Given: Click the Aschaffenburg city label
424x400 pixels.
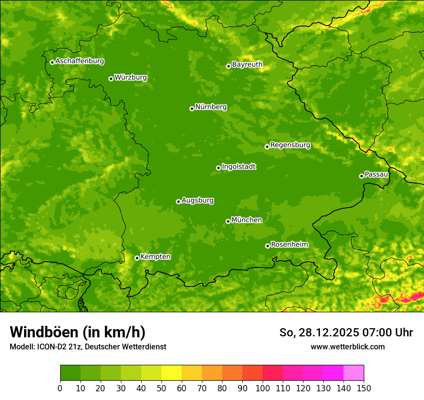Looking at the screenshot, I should click(79, 61).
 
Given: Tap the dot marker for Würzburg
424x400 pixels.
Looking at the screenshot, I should click(111, 79).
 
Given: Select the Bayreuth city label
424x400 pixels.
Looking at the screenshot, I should click(247, 65).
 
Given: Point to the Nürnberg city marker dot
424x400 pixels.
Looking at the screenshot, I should click(192, 108).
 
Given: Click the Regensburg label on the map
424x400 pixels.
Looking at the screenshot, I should click(290, 145).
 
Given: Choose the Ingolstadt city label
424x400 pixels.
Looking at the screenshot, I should click(238, 167).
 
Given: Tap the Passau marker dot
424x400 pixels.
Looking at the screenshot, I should click(361, 176).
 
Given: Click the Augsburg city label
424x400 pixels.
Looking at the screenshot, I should click(198, 200).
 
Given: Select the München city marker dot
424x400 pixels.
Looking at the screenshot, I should click(228, 221).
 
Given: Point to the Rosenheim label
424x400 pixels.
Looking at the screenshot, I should click(289, 245).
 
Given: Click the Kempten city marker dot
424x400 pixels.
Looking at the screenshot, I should click(137, 258).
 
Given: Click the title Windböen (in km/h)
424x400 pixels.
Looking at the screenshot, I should click(78, 333).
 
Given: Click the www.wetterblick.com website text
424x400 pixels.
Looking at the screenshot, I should click(347, 347).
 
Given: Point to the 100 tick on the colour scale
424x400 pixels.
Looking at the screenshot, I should click(263, 387).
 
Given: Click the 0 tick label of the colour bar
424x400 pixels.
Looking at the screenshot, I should click(60, 387).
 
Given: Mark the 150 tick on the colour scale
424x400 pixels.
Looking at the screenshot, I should click(364, 387).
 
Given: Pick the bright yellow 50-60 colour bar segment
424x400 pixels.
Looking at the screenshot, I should click(172, 373).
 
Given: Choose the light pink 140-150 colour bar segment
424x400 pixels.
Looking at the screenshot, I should click(354, 373).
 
